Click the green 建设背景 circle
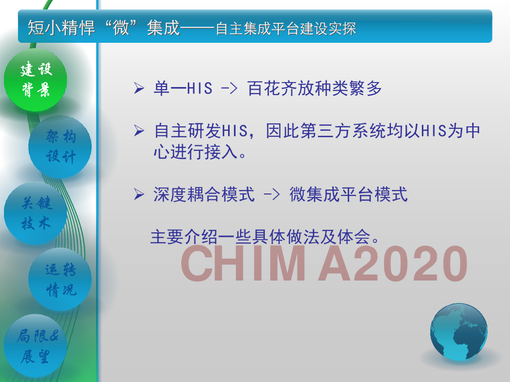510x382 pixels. [x=35, y=80]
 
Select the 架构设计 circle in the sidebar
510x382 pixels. [x=60, y=147]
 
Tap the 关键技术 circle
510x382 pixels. [x=35, y=213]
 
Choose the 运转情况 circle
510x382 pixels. [x=60, y=280]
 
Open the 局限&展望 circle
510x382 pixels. [x=35, y=346]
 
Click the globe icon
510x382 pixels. [x=459, y=332]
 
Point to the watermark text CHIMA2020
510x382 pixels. [x=324, y=263]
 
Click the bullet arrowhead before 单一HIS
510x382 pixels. [x=139, y=88]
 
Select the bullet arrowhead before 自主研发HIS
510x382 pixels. [x=139, y=131]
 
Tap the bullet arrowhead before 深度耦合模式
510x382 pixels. [x=139, y=194]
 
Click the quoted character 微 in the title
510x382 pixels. [x=121, y=28]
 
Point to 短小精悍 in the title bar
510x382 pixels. [x=61, y=28]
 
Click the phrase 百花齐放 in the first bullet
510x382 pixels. [x=281, y=89]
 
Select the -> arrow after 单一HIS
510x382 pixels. [x=229, y=89]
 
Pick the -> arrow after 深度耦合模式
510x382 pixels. [x=271, y=195]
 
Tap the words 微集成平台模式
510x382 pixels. [x=348, y=194]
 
